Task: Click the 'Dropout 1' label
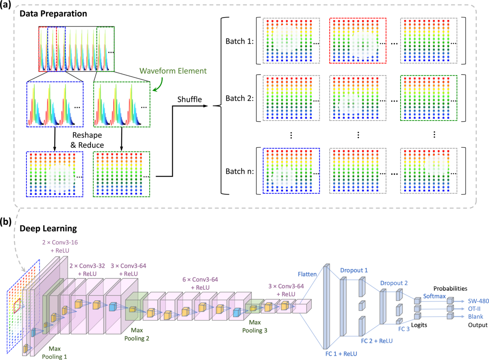click(354, 270)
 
